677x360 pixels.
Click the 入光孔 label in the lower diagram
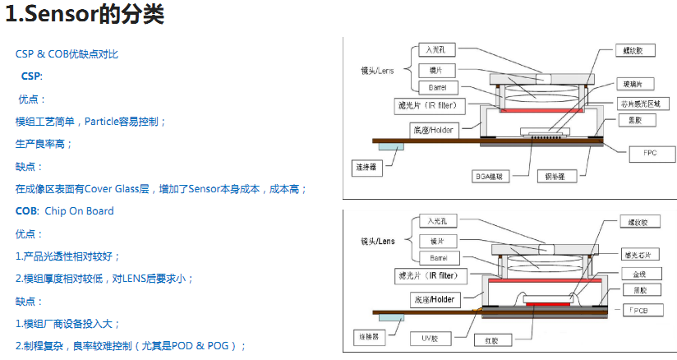pos(437,222)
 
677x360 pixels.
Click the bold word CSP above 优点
pos(30,76)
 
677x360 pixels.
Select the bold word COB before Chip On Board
pos(26,211)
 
